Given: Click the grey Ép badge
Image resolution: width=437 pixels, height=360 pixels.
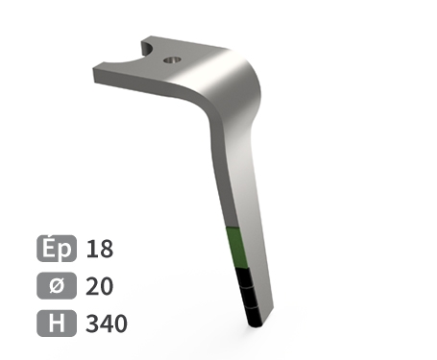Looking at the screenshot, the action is point(57,249).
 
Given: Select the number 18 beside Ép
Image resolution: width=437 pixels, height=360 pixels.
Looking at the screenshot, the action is point(100,249).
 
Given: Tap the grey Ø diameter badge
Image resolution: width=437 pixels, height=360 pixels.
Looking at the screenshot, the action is point(57,286).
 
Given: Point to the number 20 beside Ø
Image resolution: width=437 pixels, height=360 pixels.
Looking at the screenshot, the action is point(100,286).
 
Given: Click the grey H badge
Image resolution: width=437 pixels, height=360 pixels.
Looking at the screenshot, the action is point(57,324).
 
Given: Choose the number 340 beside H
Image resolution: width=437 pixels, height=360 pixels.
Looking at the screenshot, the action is point(107,324).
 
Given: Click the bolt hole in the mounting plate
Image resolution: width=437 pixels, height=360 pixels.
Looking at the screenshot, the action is point(172,60).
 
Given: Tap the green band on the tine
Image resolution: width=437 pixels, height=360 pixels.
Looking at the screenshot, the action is point(235,248).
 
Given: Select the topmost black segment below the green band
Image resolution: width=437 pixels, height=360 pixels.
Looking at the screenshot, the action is point(244,276).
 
